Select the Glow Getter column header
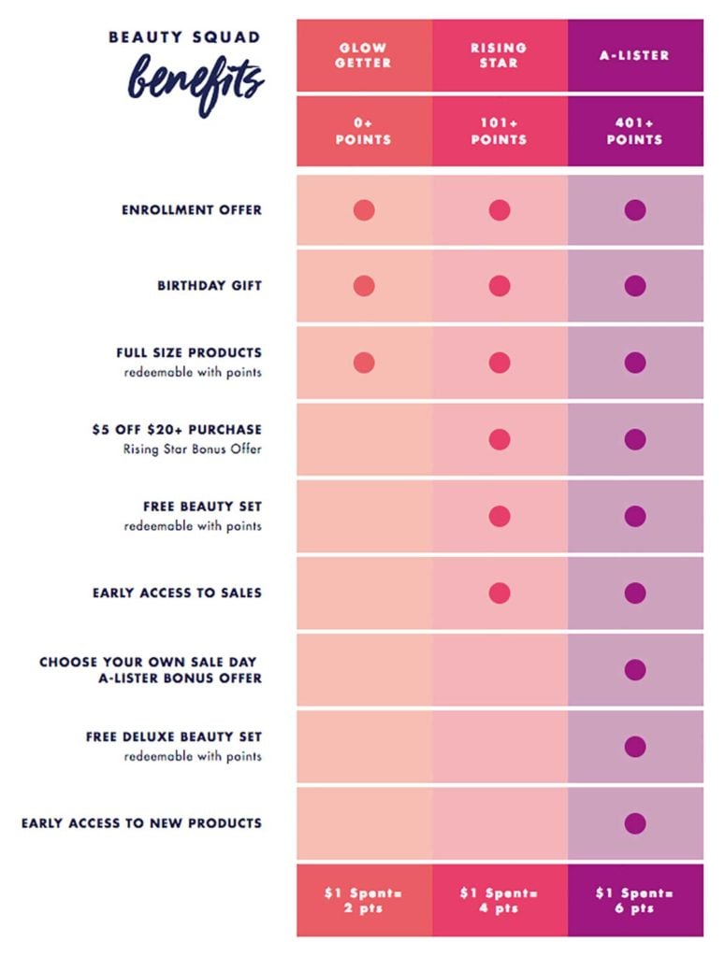pos(364,55)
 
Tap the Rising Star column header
pos(500,55)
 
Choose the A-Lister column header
pos(635,55)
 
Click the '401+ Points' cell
pos(635,131)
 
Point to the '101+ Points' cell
pos(500,131)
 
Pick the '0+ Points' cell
pos(364,131)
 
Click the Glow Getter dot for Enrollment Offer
pos(364,210)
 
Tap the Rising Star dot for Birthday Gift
pos(500,286)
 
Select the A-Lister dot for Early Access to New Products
pos(635,823)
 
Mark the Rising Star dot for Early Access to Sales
pos(500,593)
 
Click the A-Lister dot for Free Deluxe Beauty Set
pos(635,747)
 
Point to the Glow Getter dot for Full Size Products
pos(364,363)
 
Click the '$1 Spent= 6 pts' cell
pos(635,900)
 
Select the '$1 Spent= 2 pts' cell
pos(364,900)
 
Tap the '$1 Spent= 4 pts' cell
pos(500,900)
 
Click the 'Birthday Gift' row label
pos(210,286)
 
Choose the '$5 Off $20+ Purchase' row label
pos(177,430)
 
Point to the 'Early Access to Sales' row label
pos(177,593)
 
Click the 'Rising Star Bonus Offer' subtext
pos(193,449)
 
